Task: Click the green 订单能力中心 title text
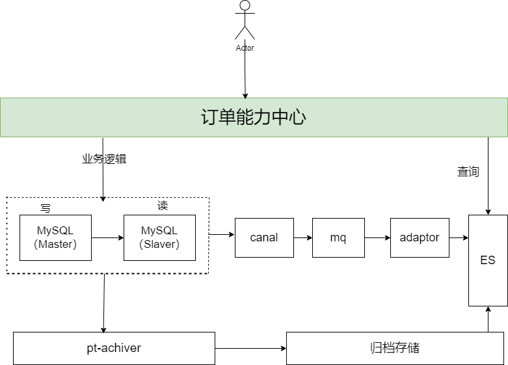pyautogui.click(x=254, y=117)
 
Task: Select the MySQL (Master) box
pyautogui.click(x=55, y=237)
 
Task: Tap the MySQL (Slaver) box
pyautogui.click(x=159, y=237)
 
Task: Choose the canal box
pyautogui.click(x=264, y=237)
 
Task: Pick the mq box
pyautogui.click(x=338, y=237)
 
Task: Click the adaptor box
pyautogui.click(x=420, y=237)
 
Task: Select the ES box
pyautogui.click(x=488, y=260)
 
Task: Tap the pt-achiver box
pyautogui.click(x=114, y=348)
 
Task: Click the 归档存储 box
pyautogui.click(x=395, y=348)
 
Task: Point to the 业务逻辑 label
pyautogui.click(x=103, y=159)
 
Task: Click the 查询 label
pyautogui.click(x=468, y=172)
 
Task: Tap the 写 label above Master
pyautogui.click(x=45, y=208)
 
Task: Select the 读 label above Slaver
pyautogui.click(x=163, y=206)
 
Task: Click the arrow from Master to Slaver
pyautogui.click(x=107, y=237)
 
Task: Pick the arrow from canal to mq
pyautogui.click(x=303, y=237)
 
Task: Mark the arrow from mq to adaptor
pyautogui.click(x=377, y=237)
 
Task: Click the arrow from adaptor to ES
pyautogui.click(x=459, y=237)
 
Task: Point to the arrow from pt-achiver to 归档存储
pyautogui.click(x=250, y=348)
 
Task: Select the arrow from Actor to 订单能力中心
pyautogui.click(x=245, y=75)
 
